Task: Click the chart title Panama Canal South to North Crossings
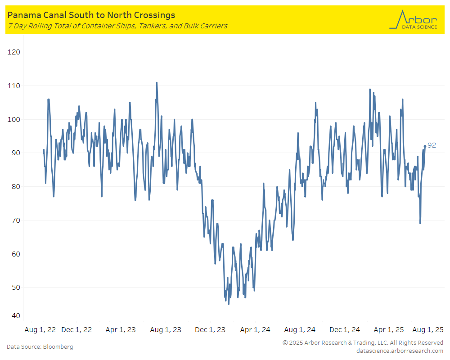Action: point(91,15)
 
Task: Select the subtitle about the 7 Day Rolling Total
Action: point(117,26)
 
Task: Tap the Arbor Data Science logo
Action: point(413,20)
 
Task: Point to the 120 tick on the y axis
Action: point(14,52)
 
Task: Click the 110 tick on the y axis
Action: point(14,86)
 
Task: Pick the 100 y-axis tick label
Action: point(14,120)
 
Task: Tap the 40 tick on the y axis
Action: point(15,316)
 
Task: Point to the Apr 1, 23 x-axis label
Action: point(121,330)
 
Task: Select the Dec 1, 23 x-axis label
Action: point(210,330)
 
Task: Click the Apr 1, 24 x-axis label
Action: point(255,330)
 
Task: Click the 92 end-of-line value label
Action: point(432,145)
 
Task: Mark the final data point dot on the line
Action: point(425,146)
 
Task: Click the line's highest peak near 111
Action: point(157,83)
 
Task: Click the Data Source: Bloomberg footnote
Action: point(40,347)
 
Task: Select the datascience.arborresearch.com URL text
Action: point(399,351)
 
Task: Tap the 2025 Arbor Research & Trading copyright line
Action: point(363,343)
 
